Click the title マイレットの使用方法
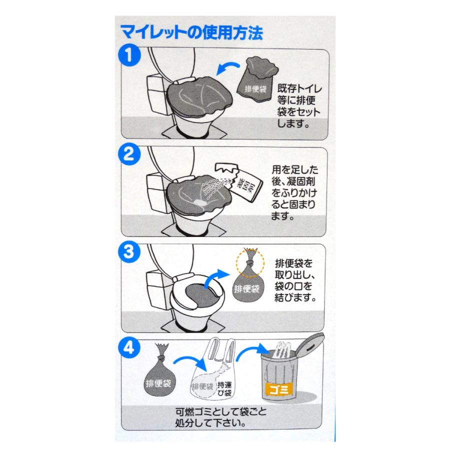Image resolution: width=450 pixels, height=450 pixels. (191, 34)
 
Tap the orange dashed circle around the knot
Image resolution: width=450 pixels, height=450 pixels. (249, 260)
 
